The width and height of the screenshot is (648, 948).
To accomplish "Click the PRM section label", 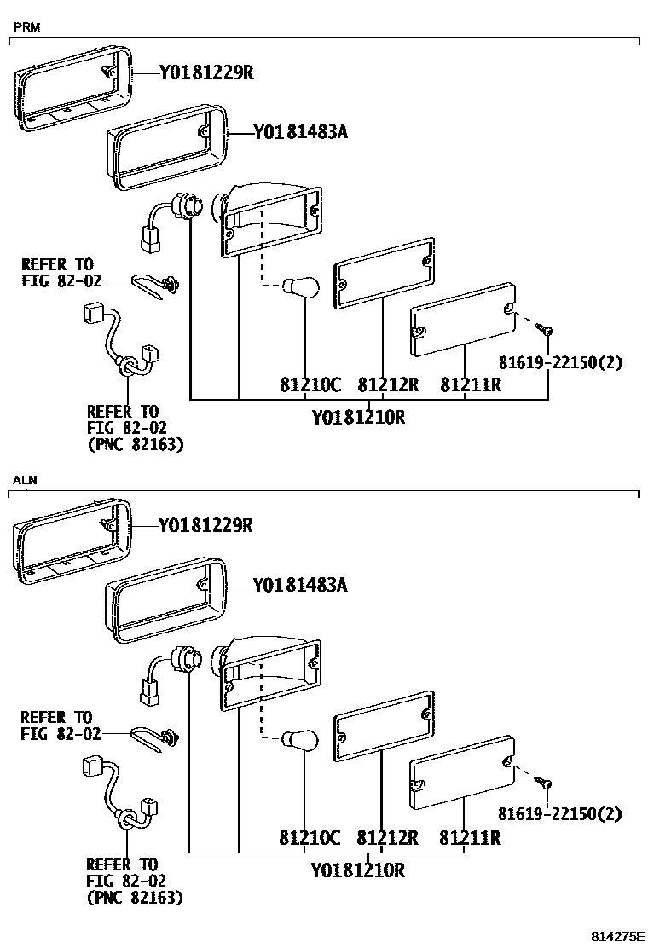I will (26, 27).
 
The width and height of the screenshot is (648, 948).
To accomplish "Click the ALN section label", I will (26, 481).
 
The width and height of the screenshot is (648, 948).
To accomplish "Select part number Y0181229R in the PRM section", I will (205, 73).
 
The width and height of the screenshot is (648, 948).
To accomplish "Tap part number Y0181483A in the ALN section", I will (300, 586).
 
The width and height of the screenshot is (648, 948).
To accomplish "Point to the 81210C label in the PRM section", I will (310, 385).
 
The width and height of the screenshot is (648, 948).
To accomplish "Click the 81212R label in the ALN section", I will (388, 838).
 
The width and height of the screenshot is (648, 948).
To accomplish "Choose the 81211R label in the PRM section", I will (470, 385).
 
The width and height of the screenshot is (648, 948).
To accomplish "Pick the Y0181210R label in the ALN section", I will (357, 871).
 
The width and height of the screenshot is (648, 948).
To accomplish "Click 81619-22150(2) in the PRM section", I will (560, 362).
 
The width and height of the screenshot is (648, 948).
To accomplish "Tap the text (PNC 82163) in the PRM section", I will (135, 444).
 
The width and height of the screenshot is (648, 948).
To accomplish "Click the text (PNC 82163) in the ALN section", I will (135, 897).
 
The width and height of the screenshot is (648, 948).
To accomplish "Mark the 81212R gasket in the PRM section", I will (385, 272).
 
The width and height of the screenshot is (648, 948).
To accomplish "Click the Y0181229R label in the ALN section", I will (205, 526).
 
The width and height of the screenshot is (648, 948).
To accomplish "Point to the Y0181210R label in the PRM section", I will (357, 418).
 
